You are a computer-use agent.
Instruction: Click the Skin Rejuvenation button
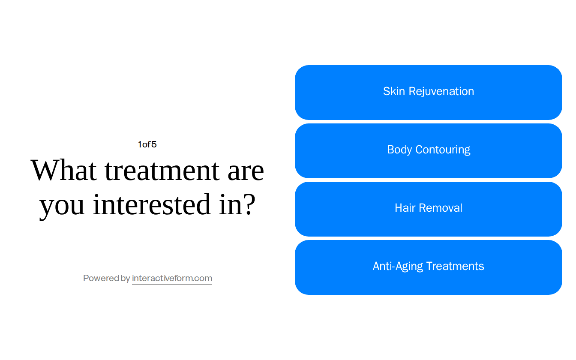tap(429, 93)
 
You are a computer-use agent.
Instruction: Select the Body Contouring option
tap(429, 151)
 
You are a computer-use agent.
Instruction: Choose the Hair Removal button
tap(429, 209)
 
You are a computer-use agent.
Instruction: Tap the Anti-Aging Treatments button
tap(429, 267)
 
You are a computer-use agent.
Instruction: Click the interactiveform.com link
tap(172, 278)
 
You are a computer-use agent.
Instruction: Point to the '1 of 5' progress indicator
tap(147, 144)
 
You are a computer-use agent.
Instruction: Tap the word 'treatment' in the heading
tap(162, 170)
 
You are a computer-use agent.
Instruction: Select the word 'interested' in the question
tap(152, 204)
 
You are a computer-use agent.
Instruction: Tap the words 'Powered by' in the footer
tap(106, 278)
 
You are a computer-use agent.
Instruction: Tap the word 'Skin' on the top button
tap(394, 91)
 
